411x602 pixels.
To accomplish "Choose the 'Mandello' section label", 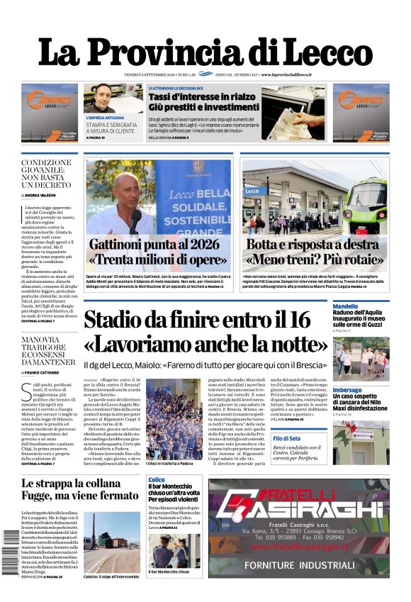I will coord(346,306).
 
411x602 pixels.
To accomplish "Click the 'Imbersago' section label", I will coord(347,390).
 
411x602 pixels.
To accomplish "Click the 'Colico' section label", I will coord(157,480).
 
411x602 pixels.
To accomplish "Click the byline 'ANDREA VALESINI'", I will coord(45,194).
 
